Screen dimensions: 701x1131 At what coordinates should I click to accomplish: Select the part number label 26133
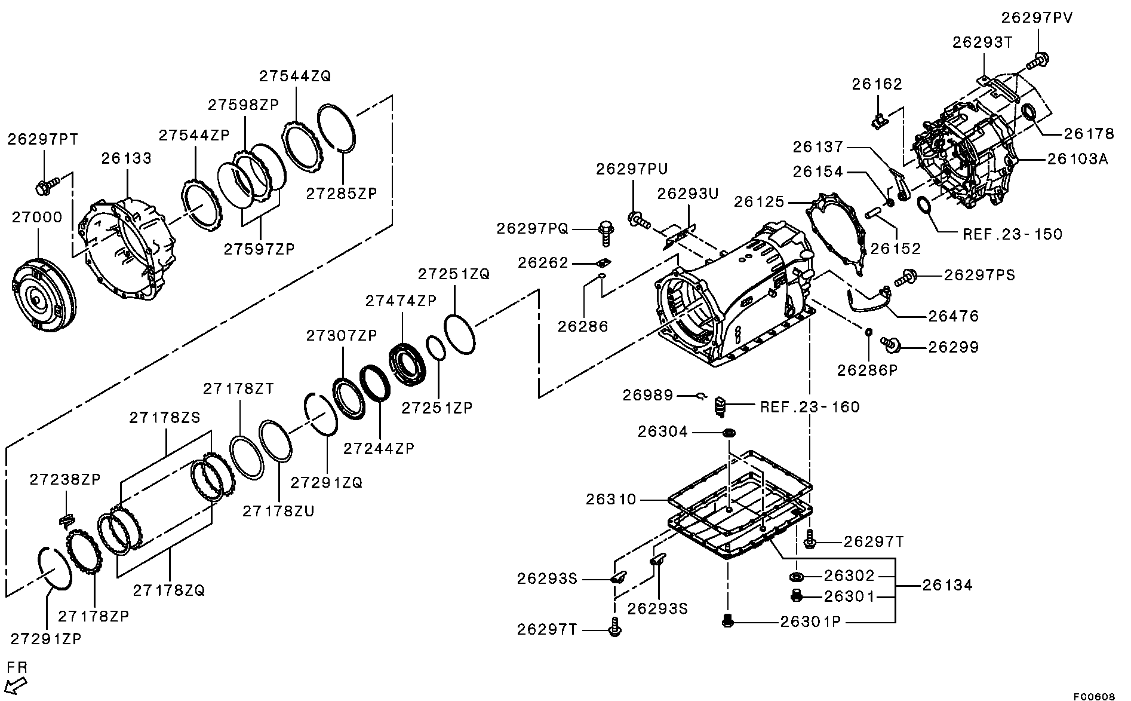click(126, 158)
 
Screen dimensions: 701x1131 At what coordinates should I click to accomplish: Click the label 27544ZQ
click(294, 76)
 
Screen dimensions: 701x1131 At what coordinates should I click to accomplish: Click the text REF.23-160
click(810, 408)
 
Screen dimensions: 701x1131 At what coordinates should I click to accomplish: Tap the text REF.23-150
click(1013, 234)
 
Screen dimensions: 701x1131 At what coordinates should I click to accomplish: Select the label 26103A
click(1078, 158)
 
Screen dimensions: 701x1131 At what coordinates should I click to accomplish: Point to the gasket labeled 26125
click(836, 233)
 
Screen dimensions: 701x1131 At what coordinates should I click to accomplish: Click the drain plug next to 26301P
click(727, 622)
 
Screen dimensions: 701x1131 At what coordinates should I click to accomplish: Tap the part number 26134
click(947, 584)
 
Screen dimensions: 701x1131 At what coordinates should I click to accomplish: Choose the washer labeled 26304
click(729, 432)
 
